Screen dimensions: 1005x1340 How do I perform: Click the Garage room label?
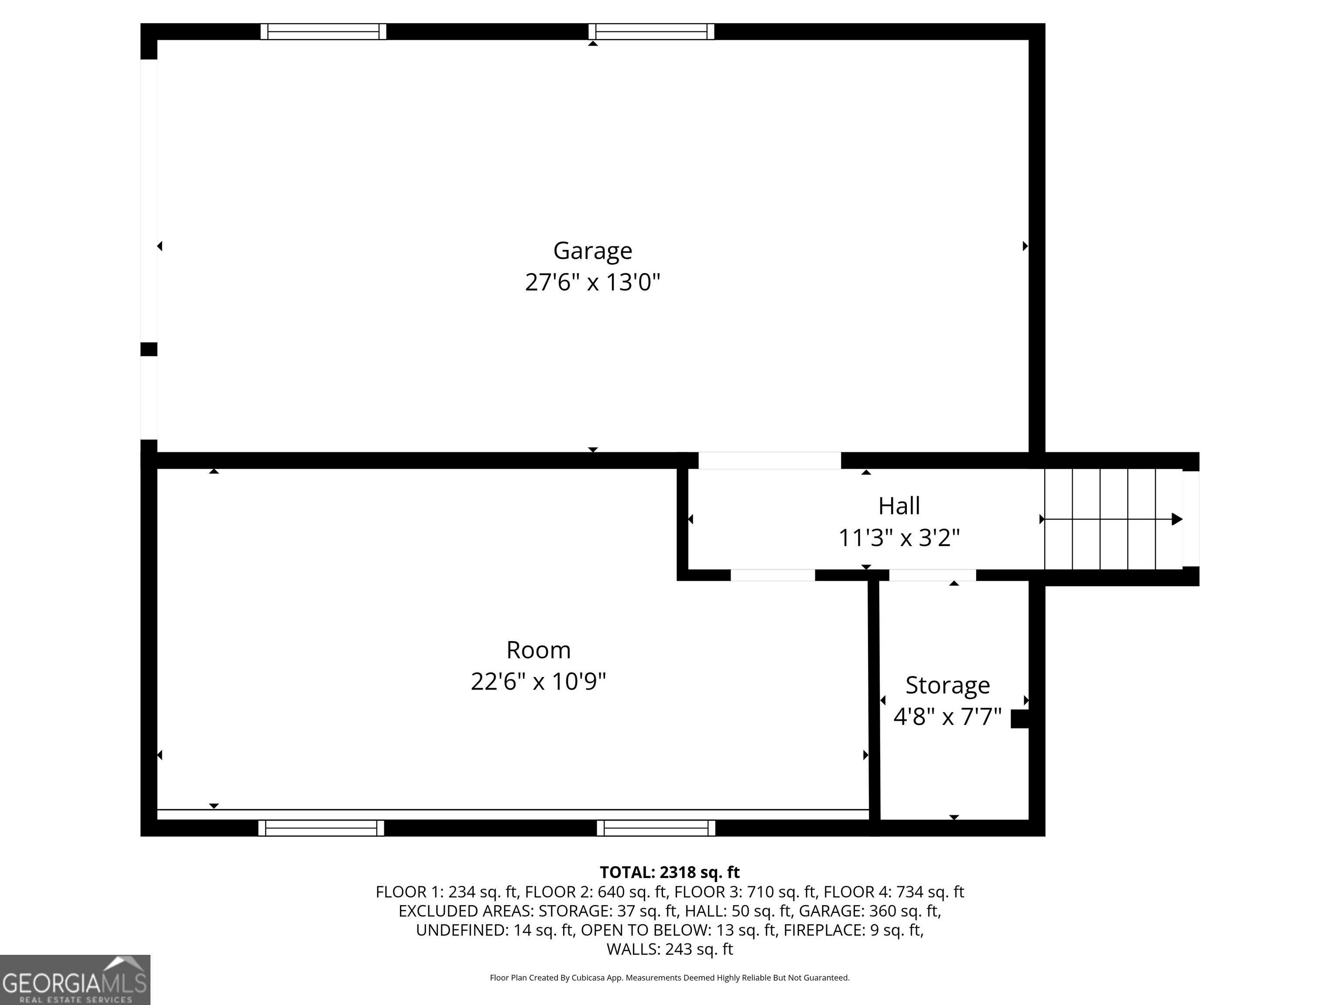[x=592, y=250]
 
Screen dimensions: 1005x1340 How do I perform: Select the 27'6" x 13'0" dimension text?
[x=592, y=282]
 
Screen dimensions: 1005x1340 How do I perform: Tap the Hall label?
[x=899, y=506]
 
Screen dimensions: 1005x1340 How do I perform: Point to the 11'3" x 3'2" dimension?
[x=899, y=538]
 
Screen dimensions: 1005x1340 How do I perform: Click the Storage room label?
[x=947, y=685]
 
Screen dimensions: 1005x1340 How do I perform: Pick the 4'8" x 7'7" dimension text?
[x=947, y=717]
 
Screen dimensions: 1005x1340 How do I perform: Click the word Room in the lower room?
[x=538, y=650]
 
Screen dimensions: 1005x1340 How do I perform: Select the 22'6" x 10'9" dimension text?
[x=538, y=682]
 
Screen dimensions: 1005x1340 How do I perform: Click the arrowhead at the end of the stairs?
[x=1176, y=519]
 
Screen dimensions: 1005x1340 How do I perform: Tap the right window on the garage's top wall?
[x=651, y=31]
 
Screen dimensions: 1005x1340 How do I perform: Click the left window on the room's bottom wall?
[x=321, y=828]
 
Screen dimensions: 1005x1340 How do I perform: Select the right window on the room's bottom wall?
[x=656, y=828]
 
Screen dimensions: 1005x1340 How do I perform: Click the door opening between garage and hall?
[x=769, y=460]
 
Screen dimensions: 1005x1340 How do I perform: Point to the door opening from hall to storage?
[x=932, y=575]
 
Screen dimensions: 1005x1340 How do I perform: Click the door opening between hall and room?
[x=773, y=575]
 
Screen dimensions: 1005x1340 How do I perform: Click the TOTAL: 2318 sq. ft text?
[x=670, y=872]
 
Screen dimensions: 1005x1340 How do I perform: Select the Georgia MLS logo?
[x=75, y=980]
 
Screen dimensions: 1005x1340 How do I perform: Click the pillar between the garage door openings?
[x=149, y=349]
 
